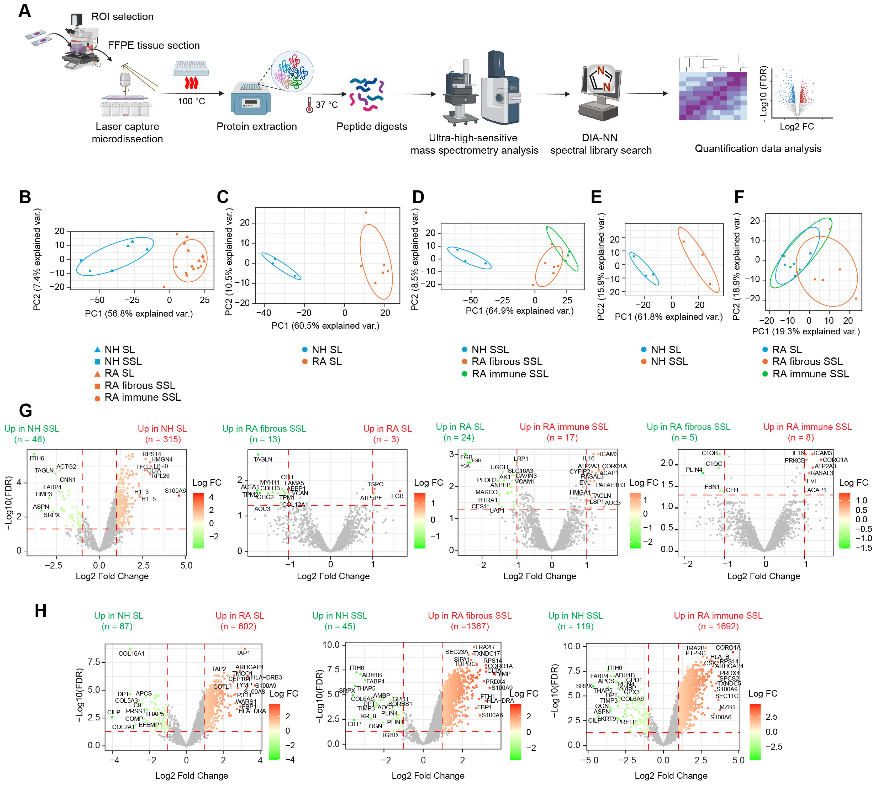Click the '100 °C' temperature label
(x=191, y=101)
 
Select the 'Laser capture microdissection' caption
(x=127, y=132)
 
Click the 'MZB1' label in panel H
(x=727, y=707)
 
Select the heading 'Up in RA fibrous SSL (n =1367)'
(x=470, y=621)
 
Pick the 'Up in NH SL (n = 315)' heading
(x=162, y=434)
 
